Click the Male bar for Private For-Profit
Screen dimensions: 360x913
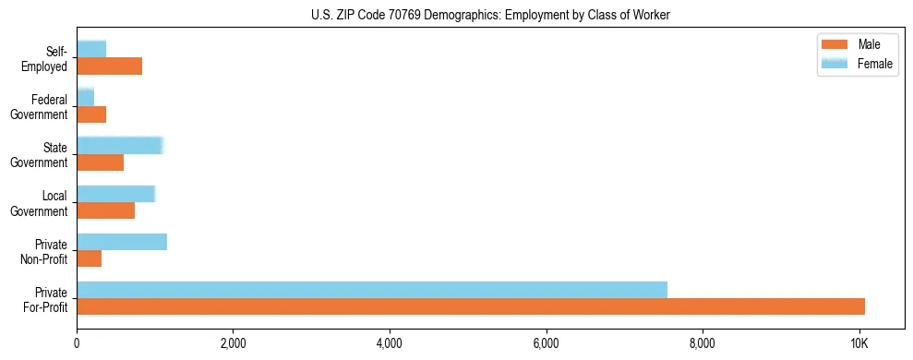[471, 306]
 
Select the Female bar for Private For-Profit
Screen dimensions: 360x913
[372, 290]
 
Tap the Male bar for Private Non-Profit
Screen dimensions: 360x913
[89, 258]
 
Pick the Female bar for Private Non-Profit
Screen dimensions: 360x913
[122, 242]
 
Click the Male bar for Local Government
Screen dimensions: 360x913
[105, 210]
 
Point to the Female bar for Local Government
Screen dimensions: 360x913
[115, 194]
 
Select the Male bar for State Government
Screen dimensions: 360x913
[100, 162]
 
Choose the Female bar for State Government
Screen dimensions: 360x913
[120, 146]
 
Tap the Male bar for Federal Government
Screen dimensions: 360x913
[91, 114]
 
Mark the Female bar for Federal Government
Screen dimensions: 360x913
[85, 98]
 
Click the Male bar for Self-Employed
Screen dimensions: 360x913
[109, 66]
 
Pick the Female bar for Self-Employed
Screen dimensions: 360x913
[91, 50]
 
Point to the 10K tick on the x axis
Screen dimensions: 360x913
[859, 343]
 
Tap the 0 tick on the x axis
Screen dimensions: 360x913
[77, 343]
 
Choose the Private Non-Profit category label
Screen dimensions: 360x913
[46, 251]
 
